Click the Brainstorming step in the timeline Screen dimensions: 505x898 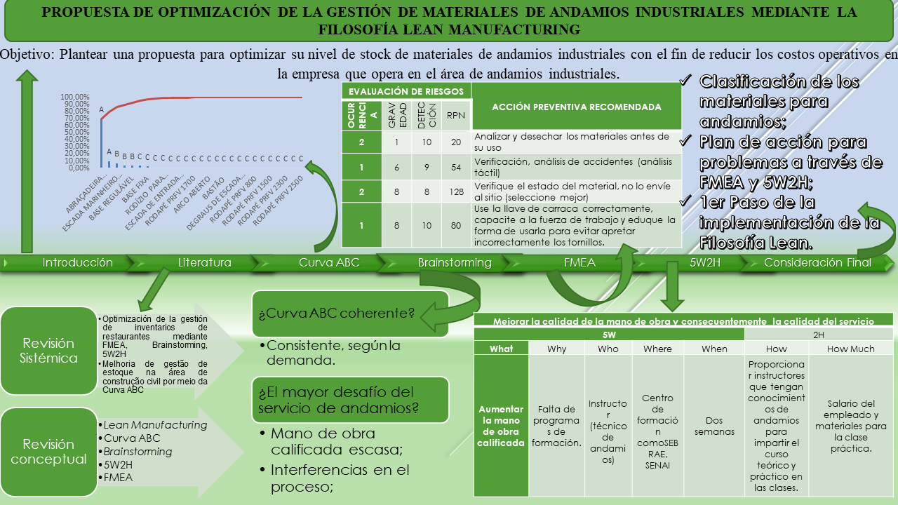[x=455, y=262]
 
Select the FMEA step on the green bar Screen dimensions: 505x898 [x=579, y=262]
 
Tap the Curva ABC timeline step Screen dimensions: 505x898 [x=329, y=262]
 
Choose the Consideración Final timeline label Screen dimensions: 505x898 [x=817, y=262]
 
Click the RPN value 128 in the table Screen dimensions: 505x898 [x=455, y=191]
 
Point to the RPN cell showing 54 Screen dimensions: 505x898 [x=455, y=168]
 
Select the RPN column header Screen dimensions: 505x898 [x=455, y=116]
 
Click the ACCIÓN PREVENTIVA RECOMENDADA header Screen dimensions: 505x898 [x=576, y=107]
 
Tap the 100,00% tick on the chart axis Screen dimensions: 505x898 [x=75, y=97]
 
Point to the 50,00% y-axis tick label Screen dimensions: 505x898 [x=75, y=132]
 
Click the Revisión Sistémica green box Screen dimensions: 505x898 [x=48, y=351]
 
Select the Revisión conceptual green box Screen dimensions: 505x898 [x=48, y=452]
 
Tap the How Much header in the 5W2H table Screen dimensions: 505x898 [x=850, y=349]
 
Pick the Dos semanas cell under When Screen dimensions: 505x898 [x=714, y=426]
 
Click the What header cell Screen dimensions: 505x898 [x=501, y=349]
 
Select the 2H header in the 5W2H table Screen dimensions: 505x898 [x=818, y=335]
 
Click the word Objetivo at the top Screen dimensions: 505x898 [x=27, y=55]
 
